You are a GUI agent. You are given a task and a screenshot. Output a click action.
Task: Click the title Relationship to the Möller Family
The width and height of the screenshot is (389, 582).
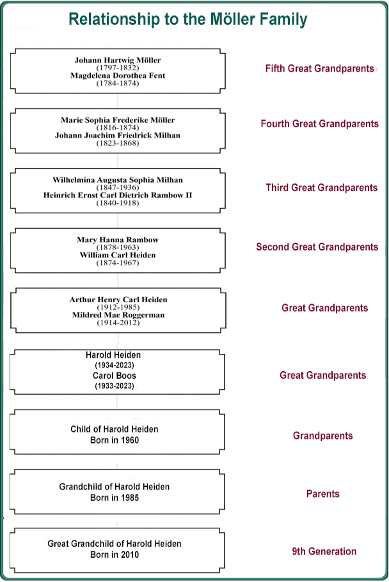pyautogui.click(x=188, y=19)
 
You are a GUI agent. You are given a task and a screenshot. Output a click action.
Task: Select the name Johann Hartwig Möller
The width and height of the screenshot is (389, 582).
pyautogui.click(x=118, y=60)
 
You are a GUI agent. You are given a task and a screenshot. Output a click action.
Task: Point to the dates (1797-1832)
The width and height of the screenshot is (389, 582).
pyautogui.click(x=118, y=68)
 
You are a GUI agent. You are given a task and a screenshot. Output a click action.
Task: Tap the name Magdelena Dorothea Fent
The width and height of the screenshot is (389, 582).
pyautogui.click(x=118, y=75)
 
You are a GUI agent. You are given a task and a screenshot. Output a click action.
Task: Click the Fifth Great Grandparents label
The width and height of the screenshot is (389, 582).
pyautogui.click(x=319, y=68)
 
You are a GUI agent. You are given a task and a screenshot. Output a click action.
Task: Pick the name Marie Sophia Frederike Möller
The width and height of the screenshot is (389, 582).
pyautogui.click(x=118, y=120)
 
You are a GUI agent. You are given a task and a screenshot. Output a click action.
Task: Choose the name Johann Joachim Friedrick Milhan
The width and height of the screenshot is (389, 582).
pyautogui.click(x=118, y=135)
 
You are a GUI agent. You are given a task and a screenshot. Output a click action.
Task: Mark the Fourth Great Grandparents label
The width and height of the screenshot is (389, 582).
pyautogui.click(x=319, y=123)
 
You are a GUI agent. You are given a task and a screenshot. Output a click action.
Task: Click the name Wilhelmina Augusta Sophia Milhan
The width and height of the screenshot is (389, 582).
pyautogui.click(x=118, y=180)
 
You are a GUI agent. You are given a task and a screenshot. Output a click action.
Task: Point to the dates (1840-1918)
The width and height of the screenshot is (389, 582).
pyautogui.click(x=118, y=203)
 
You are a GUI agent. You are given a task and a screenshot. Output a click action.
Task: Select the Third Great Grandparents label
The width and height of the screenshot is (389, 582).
pyautogui.click(x=322, y=187)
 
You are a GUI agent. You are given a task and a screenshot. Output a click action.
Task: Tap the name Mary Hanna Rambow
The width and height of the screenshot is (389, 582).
pyautogui.click(x=118, y=240)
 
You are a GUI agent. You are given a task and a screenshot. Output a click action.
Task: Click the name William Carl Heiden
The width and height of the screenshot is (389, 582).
pyautogui.click(x=118, y=255)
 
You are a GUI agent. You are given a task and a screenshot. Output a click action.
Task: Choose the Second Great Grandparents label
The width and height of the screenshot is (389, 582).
pyautogui.click(x=317, y=247)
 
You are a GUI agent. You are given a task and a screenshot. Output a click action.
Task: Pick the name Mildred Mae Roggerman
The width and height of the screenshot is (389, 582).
pyautogui.click(x=118, y=315)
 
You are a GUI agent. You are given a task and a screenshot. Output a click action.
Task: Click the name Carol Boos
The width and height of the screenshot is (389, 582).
pyautogui.click(x=114, y=376)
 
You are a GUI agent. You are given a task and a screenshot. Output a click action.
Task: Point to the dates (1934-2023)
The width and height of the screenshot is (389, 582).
pyautogui.click(x=114, y=365)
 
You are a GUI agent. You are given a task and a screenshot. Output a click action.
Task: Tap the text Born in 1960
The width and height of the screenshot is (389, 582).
pyautogui.click(x=114, y=440)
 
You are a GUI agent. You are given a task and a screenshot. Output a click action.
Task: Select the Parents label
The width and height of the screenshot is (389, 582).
pyautogui.click(x=323, y=494)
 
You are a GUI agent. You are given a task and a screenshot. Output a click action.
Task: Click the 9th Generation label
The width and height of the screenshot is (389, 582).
pyautogui.click(x=324, y=551)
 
